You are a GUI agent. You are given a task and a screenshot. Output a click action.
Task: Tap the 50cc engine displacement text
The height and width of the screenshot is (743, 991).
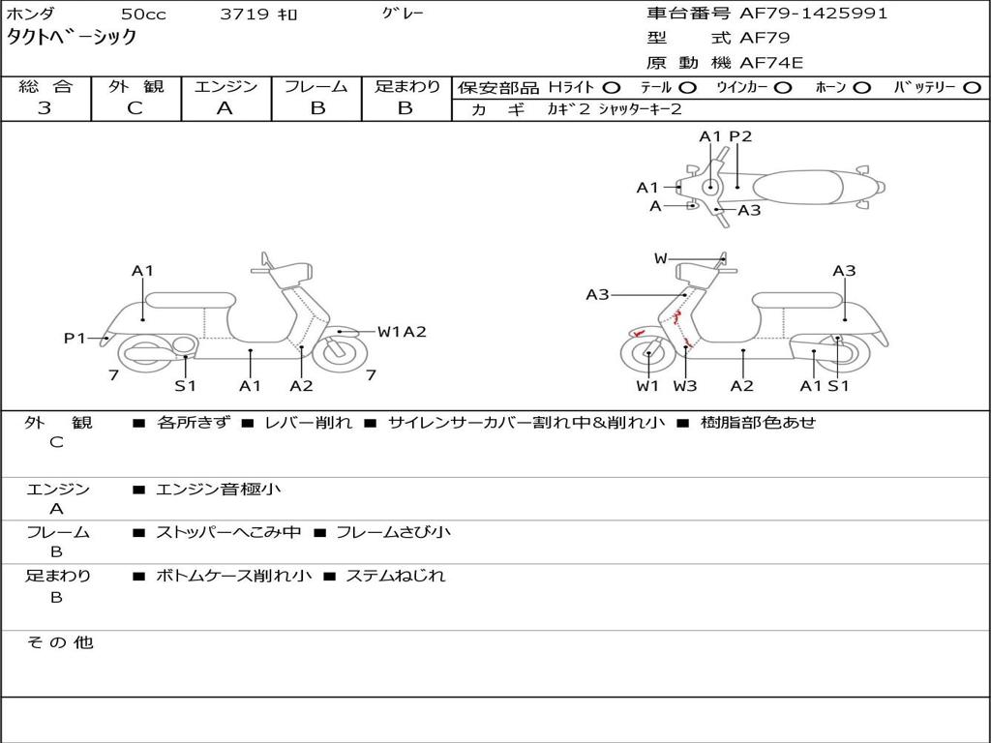142,15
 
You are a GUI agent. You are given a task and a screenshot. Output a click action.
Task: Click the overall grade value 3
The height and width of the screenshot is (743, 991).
45,108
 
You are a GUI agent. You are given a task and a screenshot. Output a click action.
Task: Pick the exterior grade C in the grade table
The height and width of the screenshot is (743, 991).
135,108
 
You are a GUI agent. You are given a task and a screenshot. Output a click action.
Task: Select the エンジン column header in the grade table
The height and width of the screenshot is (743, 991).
225,86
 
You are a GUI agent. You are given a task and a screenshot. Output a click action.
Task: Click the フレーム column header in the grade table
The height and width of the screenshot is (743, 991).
316,86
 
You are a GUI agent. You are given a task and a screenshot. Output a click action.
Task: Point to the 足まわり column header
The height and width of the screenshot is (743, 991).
406,86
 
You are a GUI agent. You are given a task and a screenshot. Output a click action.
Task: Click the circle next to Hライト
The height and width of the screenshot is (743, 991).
612,87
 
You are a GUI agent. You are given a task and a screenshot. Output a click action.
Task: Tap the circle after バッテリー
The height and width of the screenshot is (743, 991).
972,87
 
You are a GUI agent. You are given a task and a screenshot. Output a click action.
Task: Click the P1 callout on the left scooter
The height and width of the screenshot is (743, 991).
75,338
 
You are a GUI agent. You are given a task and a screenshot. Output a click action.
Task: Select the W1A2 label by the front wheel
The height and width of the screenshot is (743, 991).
402,332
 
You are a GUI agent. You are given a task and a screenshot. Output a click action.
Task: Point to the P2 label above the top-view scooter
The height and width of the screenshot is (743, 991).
740,136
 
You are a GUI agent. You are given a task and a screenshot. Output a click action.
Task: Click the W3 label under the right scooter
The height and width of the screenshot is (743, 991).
685,386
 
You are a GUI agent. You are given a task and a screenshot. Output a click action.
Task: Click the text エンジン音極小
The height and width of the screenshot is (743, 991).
219,490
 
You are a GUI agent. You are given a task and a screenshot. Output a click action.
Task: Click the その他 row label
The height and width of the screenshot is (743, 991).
60,642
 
